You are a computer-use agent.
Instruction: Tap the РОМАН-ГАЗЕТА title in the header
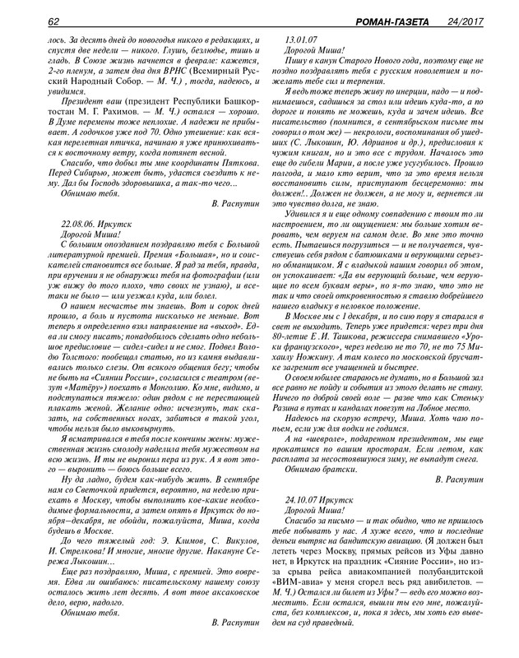[386, 21]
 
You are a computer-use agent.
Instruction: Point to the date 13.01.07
[300, 39]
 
